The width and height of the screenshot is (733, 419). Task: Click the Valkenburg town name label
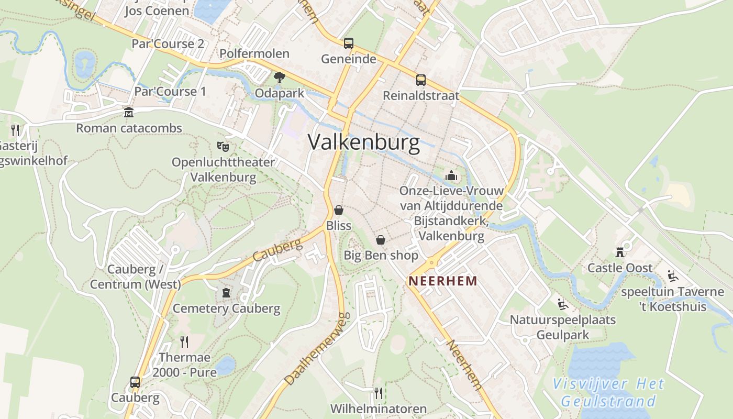coord(364,142)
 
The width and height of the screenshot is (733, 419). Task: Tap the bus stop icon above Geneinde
coord(349,43)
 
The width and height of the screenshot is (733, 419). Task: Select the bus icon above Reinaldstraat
coord(421,80)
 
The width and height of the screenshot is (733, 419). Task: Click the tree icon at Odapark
coord(280,78)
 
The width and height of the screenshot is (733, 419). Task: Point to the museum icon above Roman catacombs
coord(129,113)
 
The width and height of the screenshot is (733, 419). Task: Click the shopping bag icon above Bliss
coord(339,210)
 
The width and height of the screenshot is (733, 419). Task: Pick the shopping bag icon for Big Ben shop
coord(381,240)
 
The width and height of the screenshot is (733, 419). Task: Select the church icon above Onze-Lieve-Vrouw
coord(451,175)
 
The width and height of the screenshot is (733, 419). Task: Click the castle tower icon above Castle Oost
coord(620,252)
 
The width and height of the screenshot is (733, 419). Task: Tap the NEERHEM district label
coord(443,281)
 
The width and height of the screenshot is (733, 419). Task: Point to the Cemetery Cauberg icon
coord(226,292)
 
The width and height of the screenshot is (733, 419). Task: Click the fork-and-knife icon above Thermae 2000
coord(184,342)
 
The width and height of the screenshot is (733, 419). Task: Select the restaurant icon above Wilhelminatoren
coord(378,393)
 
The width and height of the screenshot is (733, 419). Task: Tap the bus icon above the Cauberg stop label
coord(135,382)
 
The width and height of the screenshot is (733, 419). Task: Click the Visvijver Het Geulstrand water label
coord(609,393)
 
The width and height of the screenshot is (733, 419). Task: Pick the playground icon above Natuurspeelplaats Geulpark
coord(562,304)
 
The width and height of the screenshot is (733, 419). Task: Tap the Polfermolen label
coord(254,53)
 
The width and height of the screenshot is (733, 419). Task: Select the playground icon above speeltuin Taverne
coord(673,276)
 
